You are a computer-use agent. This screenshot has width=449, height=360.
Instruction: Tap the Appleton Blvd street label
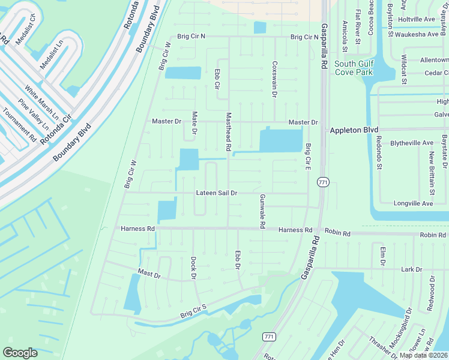pos(356,130)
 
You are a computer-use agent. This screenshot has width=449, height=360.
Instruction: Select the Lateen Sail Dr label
pos(217,193)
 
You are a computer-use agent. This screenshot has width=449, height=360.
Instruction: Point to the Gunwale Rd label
pos(262,211)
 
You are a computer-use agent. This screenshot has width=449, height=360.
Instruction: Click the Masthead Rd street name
pos(228,131)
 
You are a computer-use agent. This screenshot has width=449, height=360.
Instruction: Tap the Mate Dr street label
pos(194,122)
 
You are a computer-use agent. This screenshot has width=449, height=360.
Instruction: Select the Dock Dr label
pos(194,268)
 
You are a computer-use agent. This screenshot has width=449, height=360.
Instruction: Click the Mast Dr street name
pos(149,273)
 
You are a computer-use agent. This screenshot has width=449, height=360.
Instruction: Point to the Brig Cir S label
pos(193,311)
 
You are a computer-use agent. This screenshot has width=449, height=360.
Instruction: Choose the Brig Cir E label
pos(308,157)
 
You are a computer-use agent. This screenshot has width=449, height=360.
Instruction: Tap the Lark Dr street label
pos(412,269)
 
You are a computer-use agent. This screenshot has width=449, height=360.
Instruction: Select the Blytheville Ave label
pos(411,143)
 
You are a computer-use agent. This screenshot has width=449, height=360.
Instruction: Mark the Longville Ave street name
pos(413,203)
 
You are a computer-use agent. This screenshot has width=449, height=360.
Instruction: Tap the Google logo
pos(20,353)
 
